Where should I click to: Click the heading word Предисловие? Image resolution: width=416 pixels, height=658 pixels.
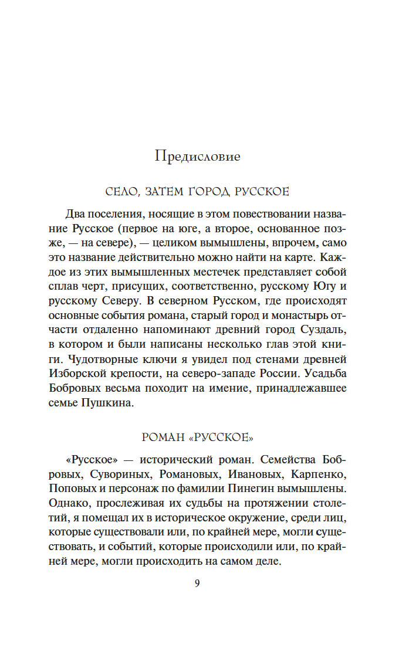[198, 157]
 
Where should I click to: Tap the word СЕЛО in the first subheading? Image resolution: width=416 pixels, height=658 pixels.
[120, 192]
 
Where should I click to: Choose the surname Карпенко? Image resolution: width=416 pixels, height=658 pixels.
[320, 456]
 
